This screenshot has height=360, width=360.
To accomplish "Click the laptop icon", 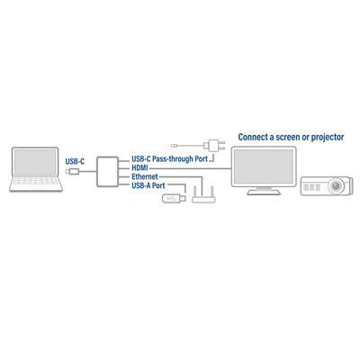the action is [x=36, y=169].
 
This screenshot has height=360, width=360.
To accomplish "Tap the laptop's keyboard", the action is [x=36, y=181].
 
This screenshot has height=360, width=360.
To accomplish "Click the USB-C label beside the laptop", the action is [x=75, y=162].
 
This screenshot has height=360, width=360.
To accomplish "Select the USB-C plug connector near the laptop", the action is [x=72, y=172].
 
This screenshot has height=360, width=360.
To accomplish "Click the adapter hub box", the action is [x=107, y=172].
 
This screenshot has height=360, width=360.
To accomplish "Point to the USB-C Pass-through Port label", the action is [x=169, y=159].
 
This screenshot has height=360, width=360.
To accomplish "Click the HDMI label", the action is [x=139, y=168].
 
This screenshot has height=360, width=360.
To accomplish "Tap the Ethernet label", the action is [x=145, y=176].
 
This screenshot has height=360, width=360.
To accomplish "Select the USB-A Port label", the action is [x=148, y=185].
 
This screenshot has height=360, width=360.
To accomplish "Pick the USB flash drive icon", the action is [x=174, y=198].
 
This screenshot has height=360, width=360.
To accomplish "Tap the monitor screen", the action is [x=264, y=166].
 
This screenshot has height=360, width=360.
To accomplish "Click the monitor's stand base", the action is [x=264, y=193].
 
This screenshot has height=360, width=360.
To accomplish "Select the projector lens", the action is [x=337, y=186].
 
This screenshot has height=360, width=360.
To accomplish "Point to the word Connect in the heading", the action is [x=253, y=137].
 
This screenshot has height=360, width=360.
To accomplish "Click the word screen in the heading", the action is [x=289, y=138].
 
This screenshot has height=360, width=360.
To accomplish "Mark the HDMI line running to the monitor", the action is [x=190, y=168].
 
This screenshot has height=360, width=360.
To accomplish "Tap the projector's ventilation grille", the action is [x=312, y=187].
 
